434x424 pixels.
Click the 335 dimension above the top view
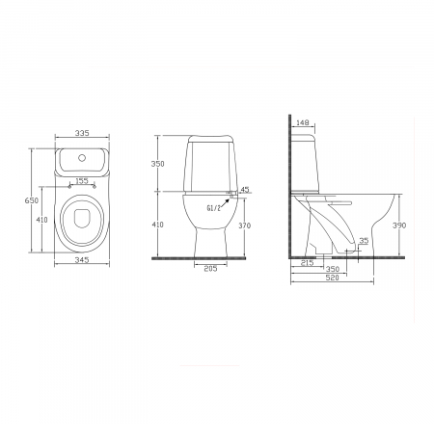click(82, 133)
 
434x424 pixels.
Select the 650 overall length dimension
click(32, 200)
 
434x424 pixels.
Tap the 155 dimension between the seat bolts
click(82, 181)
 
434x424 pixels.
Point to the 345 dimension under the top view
click(82, 259)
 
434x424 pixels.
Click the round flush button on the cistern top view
click(82, 158)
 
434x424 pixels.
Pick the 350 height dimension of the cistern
click(157, 164)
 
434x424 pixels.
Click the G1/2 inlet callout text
click(214, 208)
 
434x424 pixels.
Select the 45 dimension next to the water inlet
click(245, 190)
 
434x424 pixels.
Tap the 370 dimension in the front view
click(245, 225)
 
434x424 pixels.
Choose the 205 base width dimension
click(210, 269)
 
